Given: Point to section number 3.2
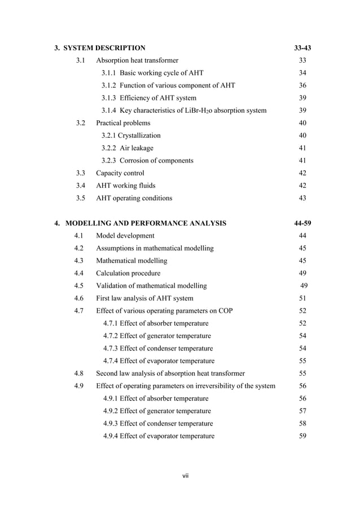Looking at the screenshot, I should click(x=81, y=123).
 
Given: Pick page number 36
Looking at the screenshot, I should click(x=302, y=85).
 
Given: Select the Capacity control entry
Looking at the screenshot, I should click(x=120, y=173).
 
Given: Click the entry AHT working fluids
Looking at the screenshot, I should click(x=125, y=186).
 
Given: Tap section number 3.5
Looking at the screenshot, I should click(x=81, y=198).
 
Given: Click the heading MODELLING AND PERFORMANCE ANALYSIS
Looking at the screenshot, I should click(x=146, y=223).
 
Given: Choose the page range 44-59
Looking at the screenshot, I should click(x=302, y=223).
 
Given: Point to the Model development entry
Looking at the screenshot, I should click(x=125, y=235).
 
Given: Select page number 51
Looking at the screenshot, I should click(x=302, y=298).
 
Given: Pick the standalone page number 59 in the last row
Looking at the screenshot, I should click(x=302, y=436).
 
